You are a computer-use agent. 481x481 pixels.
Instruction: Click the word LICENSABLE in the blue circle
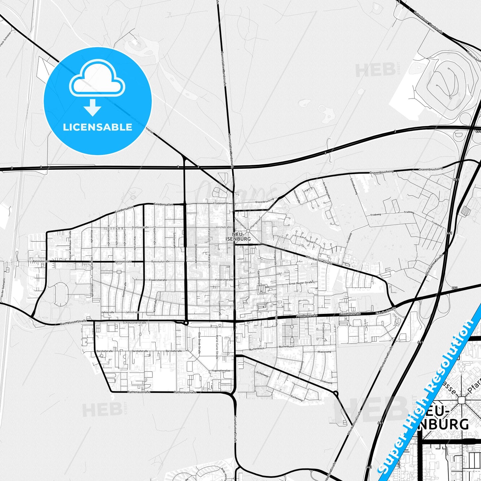(x=98, y=127)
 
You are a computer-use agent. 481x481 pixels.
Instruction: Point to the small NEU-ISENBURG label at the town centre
(x=238, y=237)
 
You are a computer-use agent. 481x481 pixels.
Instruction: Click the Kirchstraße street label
(x=221, y=227)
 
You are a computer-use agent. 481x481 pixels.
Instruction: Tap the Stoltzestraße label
(x=140, y=227)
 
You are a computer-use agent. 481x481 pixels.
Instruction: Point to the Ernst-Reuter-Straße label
(x=301, y=283)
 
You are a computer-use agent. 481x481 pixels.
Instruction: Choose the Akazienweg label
(x=324, y=352)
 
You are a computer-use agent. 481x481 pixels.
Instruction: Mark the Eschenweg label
(x=297, y=397)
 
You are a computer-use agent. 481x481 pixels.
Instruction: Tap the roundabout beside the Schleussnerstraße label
(x=186, y=323)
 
